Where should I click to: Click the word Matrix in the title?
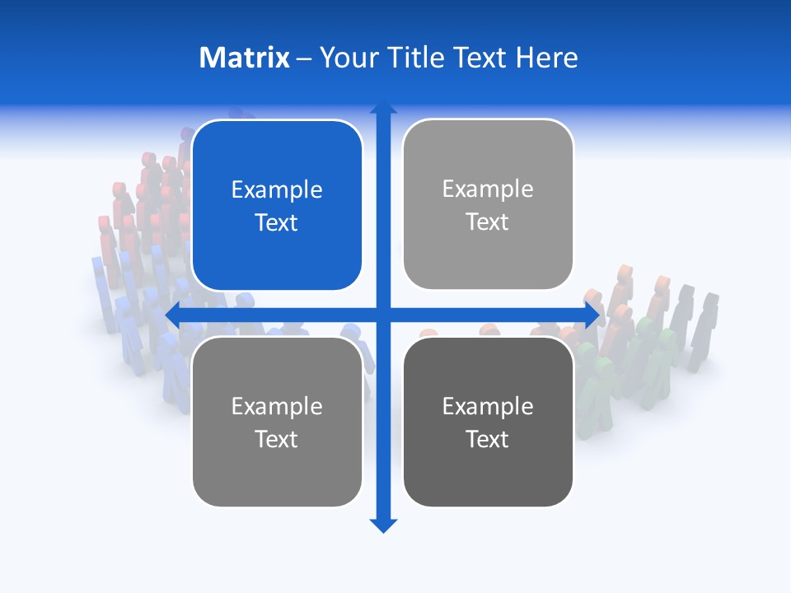point(244,58)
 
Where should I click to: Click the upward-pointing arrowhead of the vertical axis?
point(383,108)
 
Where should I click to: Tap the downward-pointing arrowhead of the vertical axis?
point(383,525)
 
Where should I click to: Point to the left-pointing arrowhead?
point(174,315)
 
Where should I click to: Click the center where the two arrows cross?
point(383,315)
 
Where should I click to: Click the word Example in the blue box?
point(277,190)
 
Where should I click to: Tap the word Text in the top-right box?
point(488,222)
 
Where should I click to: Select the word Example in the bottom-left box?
point(277,407)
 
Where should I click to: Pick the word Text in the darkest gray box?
point(488,439)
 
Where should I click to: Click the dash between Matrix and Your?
point(304,58)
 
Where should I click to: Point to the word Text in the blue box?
point(277,223)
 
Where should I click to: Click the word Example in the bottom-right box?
point(488,407)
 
